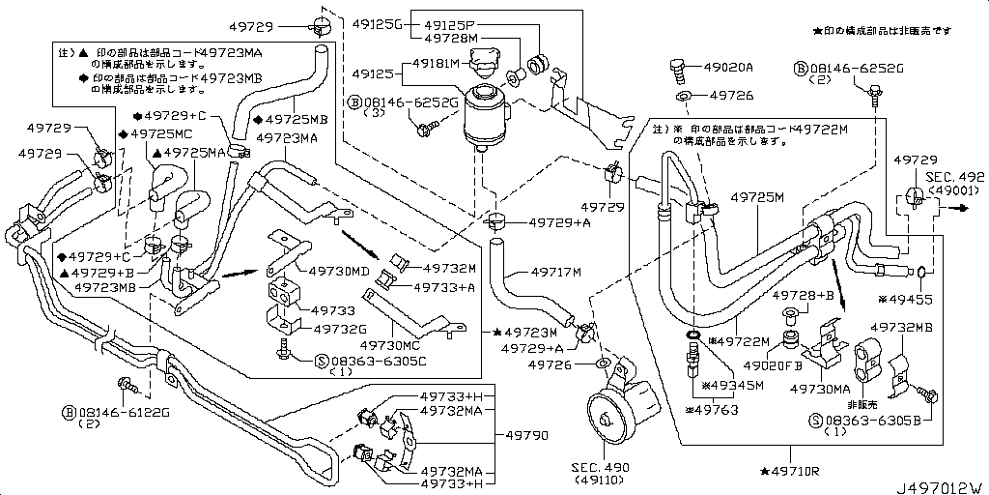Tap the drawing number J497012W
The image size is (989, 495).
pos(941,485)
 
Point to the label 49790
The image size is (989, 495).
pos(525,436)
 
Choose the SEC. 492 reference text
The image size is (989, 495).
pos(954,177)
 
